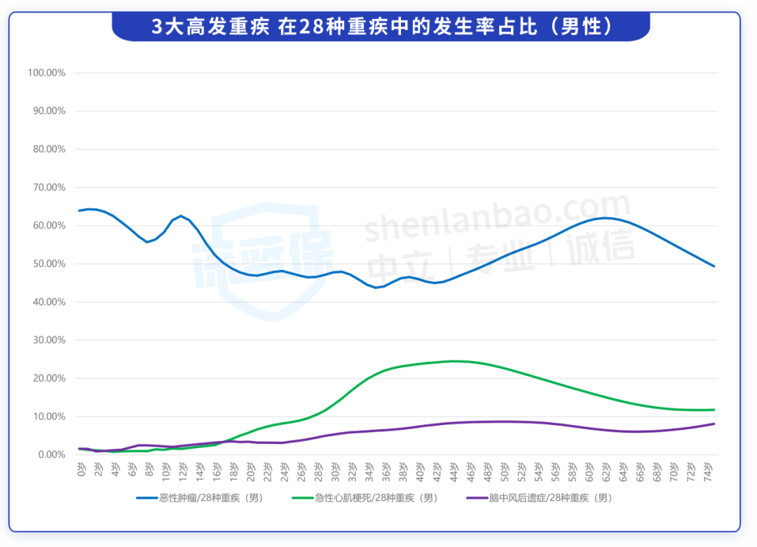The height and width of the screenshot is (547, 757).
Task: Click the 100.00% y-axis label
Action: (x=46, y=73)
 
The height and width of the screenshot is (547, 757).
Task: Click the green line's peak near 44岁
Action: (x=454, y=361)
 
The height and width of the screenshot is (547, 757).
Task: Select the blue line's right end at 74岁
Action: (x=714, y=266)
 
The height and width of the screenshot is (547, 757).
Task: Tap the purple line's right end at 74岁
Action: (x=714, y=424)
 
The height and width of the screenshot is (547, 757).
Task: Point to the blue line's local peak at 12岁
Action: (x=182, y=216)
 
